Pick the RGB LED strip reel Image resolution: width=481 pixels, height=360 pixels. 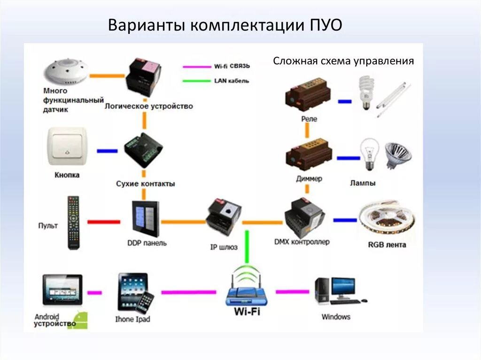387,220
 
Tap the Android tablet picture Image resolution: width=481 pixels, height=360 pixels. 62,289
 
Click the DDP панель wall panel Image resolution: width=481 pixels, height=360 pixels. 145,219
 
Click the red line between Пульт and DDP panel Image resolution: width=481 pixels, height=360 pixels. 104,222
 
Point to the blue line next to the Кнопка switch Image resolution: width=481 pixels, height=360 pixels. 107,151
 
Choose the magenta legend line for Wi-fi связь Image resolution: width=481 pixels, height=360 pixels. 197,67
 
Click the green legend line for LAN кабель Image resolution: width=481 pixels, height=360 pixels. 197,81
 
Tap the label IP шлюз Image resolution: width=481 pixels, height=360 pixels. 224,246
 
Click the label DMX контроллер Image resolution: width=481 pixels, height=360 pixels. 302,242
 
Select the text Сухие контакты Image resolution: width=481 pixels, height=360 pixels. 145,184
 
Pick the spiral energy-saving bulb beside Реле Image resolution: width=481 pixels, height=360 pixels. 365,92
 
